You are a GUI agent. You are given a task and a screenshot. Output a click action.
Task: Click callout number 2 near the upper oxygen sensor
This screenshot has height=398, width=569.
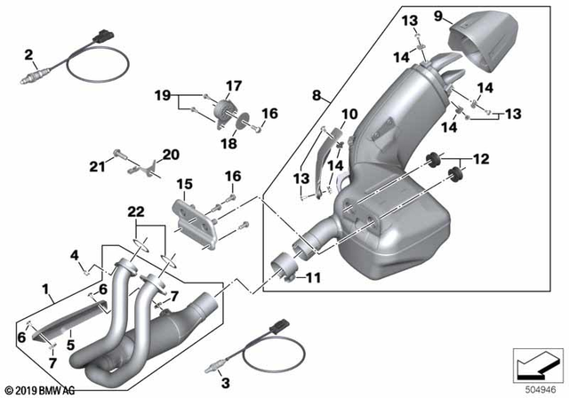[28, 56]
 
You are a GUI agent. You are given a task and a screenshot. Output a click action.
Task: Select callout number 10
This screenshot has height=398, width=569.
[349, 115]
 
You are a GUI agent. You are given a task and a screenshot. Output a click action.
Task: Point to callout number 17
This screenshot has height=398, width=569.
[233, 86]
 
